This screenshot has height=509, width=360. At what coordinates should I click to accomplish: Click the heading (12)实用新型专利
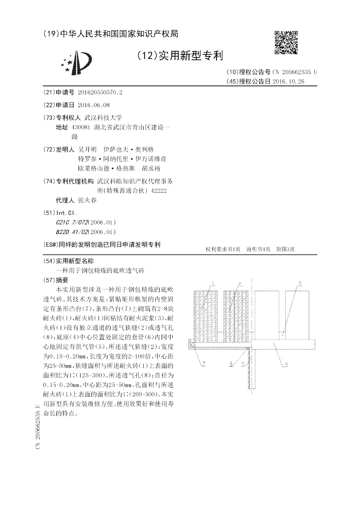(x=180, y=56)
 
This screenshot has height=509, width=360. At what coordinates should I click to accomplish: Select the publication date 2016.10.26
(x=289, y=81)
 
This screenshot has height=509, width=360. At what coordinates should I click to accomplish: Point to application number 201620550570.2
(x=100, y=92)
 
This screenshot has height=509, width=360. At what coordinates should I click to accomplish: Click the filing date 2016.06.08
(x=94, y=105)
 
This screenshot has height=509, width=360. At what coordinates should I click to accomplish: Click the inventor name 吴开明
(x=87, y=149)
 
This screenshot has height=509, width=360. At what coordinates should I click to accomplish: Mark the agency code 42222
(x=159, y=191)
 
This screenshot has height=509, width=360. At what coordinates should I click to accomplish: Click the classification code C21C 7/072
(x=72, y=222)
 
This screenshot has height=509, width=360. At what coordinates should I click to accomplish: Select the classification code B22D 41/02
(x=72, y=232)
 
